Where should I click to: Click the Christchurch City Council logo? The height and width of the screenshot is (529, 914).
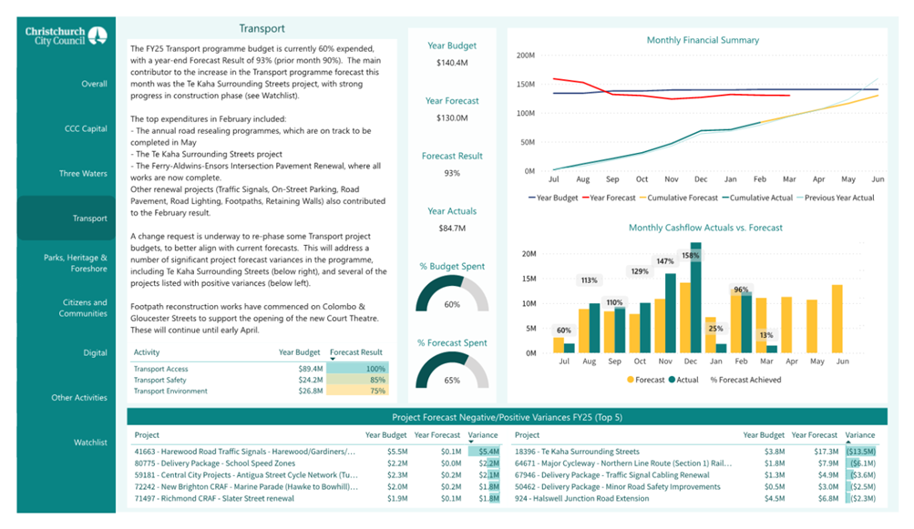coord(66,36)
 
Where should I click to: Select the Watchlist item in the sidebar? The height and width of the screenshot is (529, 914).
coord(90,443)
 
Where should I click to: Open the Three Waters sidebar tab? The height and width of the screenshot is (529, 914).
coord(83,173)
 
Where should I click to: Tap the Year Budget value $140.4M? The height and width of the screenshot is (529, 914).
coord(452,62)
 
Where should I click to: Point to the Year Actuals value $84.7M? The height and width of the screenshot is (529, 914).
coord(452,228)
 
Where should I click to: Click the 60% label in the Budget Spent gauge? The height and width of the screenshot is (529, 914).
coord(452,304)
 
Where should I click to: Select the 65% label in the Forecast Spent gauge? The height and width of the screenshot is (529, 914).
coord(452,380)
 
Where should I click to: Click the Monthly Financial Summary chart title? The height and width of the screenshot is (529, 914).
coord(703,40)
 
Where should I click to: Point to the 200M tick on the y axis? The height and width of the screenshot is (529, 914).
coord(525,56)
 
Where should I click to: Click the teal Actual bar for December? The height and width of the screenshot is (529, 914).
coord(695,297)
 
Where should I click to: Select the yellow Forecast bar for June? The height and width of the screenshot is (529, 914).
coord(837,319)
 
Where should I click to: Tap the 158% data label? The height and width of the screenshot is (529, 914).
coord(690,255)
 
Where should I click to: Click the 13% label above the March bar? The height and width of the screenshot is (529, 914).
coord(766,335)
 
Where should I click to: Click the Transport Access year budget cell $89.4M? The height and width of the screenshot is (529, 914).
coord(311,369)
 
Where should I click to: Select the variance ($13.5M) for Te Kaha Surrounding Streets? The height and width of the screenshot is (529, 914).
coord(861,452)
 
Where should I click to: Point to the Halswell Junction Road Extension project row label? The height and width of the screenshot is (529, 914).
coord(581,498)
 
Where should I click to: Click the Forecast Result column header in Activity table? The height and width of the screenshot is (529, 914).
coord(356,351)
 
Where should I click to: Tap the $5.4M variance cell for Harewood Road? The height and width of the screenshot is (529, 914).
coord(489,452)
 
